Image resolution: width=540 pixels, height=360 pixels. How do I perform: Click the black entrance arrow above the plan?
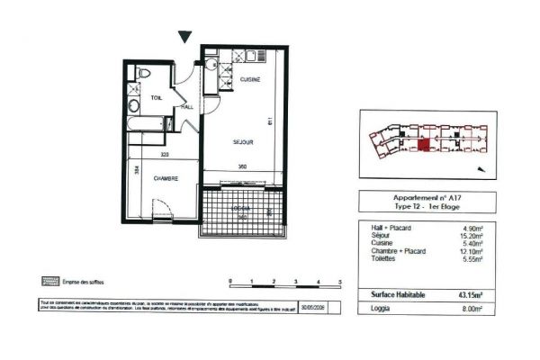185,36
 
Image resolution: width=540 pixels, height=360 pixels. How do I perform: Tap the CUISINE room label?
250,81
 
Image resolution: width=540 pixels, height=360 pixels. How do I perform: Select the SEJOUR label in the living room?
241,141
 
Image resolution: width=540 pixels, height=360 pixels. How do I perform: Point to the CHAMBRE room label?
166,178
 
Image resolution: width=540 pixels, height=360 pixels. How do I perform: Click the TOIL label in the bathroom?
156,96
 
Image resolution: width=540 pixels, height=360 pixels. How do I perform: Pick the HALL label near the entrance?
188,106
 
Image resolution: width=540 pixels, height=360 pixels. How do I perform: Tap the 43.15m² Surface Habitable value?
471,295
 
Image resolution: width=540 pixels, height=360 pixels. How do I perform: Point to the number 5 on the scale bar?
340,282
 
